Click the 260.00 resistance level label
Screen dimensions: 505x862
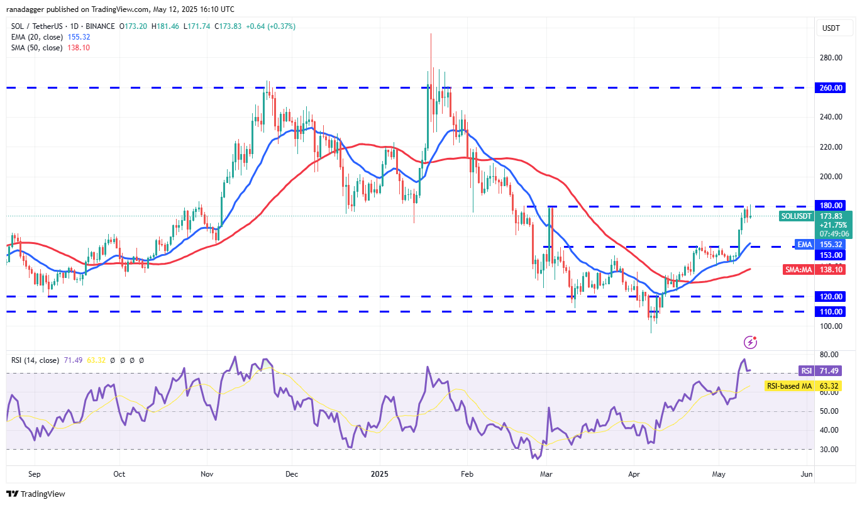pyautogui.click(x=831, y=87)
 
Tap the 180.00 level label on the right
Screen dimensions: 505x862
pyautogui.click(x=831, y=206)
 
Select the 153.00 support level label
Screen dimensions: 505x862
pyautogui.click(x=831, y=255)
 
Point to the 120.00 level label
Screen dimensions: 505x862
pyautogui.click(x=831, y=296)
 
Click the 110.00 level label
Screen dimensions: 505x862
pyautogui.click(x=831, y=311)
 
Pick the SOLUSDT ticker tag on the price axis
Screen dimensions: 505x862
pyautogui.click(x=797, y=216)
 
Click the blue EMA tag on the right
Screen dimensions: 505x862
pyautogui.click(x=804, y=244)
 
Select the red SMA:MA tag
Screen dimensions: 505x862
pyautogui.click(x=800, y=269)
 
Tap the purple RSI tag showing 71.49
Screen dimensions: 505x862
pyautogui.click(x=806, y=370)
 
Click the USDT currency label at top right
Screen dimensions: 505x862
pyautogui.click(x=831, y=28)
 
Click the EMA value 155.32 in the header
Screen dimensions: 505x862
pyautogui.click(x=79, y=37)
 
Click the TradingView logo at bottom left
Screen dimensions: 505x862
pyautogui.click(x=36, y=494)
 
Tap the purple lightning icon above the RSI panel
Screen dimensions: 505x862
pyautogui.click(x=750, y=342)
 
